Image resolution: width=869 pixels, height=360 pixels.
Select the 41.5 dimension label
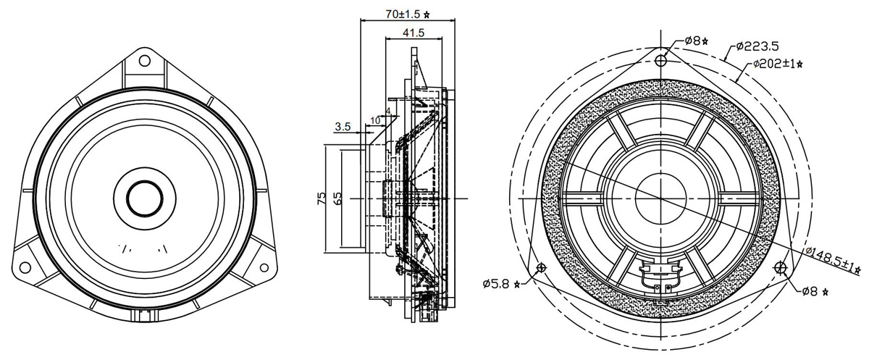coord(413,33)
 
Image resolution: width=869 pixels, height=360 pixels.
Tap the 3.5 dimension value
coord(343,127)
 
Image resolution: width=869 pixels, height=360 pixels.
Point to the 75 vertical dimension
coord(322,198)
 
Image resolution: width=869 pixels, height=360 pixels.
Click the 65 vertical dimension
coord(337,198)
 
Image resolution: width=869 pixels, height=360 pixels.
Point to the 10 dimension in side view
coord(375,120)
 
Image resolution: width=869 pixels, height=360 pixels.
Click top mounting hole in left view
coord(145,61)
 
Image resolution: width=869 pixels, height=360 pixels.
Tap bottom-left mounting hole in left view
coord(25,267)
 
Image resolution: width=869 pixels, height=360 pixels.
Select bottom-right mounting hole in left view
coord(264,267)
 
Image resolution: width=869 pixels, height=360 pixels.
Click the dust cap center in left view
coord(145,198)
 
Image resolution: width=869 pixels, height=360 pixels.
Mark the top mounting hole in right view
coord(660,61)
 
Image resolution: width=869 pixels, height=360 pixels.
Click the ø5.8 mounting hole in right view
coord(541,267)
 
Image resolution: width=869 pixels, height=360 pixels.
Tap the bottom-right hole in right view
coord(780,268)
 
